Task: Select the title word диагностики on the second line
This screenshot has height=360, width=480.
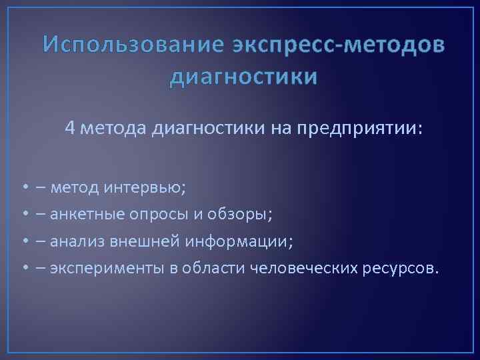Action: point(243,77)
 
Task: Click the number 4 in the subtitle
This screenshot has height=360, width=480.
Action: point(70,128)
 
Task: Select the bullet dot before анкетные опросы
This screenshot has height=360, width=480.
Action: point(23,215)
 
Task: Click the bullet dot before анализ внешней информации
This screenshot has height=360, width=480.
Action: point(23,241)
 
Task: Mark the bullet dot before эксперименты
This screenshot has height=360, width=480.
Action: point(23,268)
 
